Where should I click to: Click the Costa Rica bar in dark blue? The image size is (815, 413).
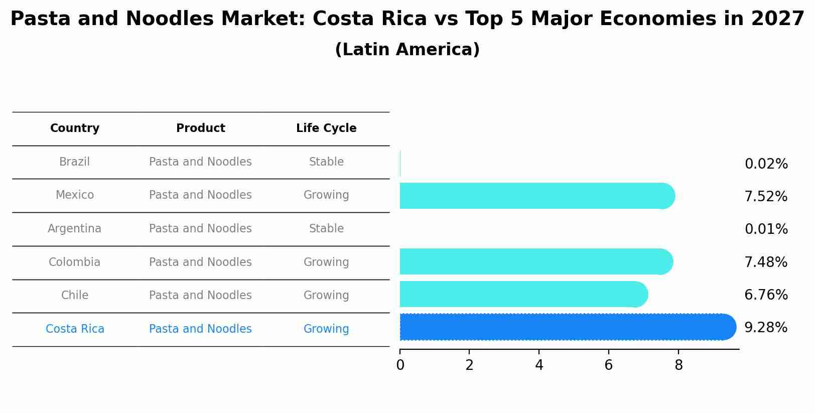pos(567,327)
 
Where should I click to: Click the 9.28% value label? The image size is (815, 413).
pos(766,328)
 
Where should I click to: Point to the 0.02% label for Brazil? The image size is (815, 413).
pos(766,164)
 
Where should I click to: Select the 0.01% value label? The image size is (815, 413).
pos(766,229)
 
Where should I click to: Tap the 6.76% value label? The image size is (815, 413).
pos(766,295)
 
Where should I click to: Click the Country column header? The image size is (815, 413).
pos(75,128)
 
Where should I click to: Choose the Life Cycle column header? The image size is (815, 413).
pos(326,128)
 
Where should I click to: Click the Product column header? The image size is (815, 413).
pos(200,128)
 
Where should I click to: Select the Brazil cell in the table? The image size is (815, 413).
pos(74,162)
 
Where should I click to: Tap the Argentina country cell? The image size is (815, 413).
pos(74,229)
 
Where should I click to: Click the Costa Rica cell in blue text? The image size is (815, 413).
pos(75,329)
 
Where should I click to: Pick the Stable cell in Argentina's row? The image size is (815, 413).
pos(326,229)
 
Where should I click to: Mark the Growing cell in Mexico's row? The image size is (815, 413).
pos(326,195)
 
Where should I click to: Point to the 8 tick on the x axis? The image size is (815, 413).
pos(678,365)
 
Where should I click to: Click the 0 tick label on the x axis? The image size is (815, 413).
pos(400,365)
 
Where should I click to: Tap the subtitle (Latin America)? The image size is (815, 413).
pos(407,50)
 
